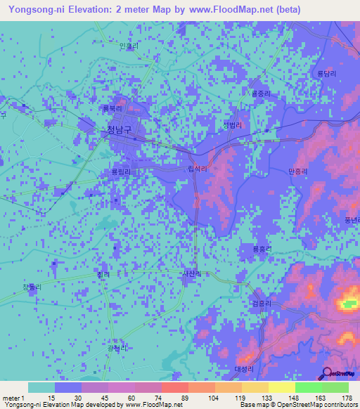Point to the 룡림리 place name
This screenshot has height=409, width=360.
point(120,171)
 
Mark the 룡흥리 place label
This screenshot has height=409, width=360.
point(262,248)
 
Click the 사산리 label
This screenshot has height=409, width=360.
point(191,274)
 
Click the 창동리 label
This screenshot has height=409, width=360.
point(32,287)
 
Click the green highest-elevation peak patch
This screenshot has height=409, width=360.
point(349,304)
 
